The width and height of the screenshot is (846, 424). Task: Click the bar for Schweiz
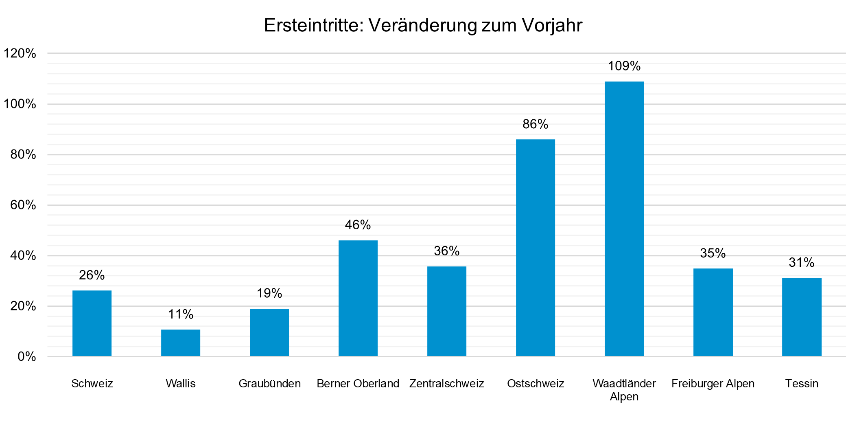coord(92,323)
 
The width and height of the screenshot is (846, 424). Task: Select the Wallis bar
coord(181,343)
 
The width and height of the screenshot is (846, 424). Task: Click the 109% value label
coord(624,66)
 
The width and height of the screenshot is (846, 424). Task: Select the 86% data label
coord(535,124)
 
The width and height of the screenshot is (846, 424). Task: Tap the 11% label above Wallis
coord(181,314)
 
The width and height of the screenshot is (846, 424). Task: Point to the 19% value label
coord(269,293)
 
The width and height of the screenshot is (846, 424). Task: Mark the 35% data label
coord(713,253)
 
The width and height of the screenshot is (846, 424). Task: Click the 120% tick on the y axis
coord(20,53)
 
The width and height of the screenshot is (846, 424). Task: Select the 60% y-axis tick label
coord(23,205)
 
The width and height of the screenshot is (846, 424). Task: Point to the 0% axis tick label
coord(27,357)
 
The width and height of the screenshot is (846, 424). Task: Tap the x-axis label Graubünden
coord(269,384)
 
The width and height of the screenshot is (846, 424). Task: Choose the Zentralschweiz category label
coord(446,384)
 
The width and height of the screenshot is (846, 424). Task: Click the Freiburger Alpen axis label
coord(713,384)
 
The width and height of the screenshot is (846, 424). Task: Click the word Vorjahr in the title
coord(552,25)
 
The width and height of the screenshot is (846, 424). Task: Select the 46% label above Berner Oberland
coord(358,225)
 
